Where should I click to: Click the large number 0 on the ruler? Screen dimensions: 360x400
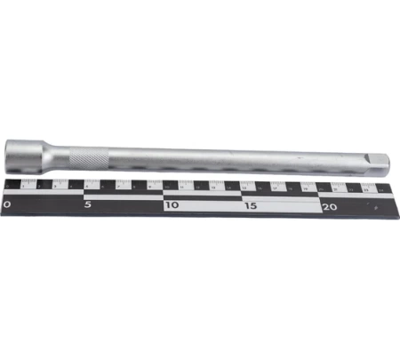8,204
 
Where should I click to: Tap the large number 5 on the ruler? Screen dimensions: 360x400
88,204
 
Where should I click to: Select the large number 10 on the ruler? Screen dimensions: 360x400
171,205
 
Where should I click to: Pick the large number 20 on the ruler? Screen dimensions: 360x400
330,205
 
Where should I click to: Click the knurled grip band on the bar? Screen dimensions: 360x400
93,157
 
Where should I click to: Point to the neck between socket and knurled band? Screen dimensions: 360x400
62,153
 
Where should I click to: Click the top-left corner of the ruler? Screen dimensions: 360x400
4,178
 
